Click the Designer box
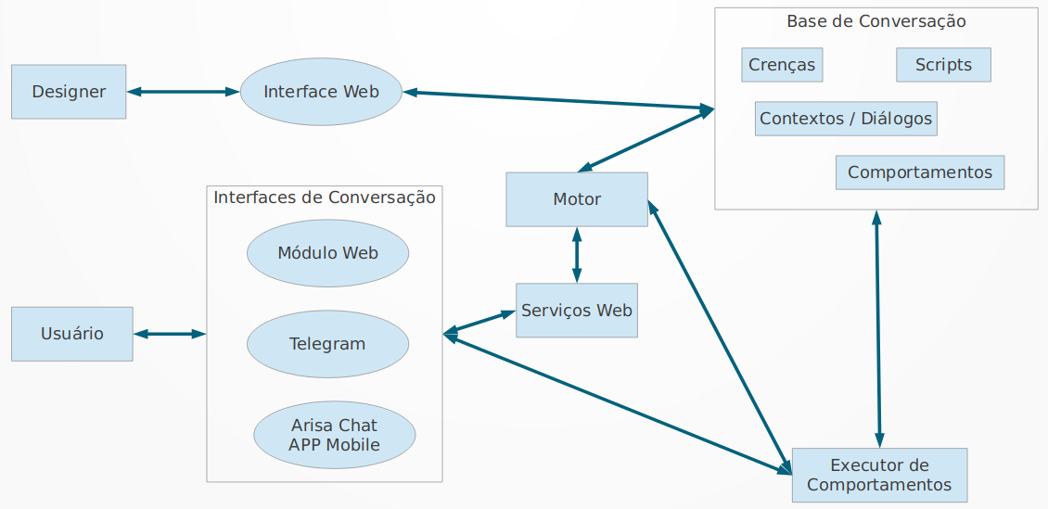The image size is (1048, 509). click(69, 92)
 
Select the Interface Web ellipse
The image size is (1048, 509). click(321, 92)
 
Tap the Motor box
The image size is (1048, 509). click(577, 199)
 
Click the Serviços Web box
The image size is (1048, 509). click(577, 311)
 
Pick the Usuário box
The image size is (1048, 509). click(72, 334)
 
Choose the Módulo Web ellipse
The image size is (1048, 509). click(327, 253)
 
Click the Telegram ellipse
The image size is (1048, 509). click(327, 344)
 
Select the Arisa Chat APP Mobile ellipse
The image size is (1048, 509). click(334, 436)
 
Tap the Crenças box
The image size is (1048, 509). click(782, 65)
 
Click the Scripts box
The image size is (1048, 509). click(943, 65)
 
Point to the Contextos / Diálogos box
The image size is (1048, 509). click(846, 119)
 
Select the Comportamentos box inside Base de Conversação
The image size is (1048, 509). click(920, 172)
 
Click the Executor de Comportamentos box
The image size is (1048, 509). click(879, 476)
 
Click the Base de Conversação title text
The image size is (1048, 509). click(875, 21)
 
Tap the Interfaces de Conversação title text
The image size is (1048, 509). click(325, 197)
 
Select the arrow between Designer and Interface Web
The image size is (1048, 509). click(183, 92)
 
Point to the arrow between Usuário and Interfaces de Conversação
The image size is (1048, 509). click(170, 334)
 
